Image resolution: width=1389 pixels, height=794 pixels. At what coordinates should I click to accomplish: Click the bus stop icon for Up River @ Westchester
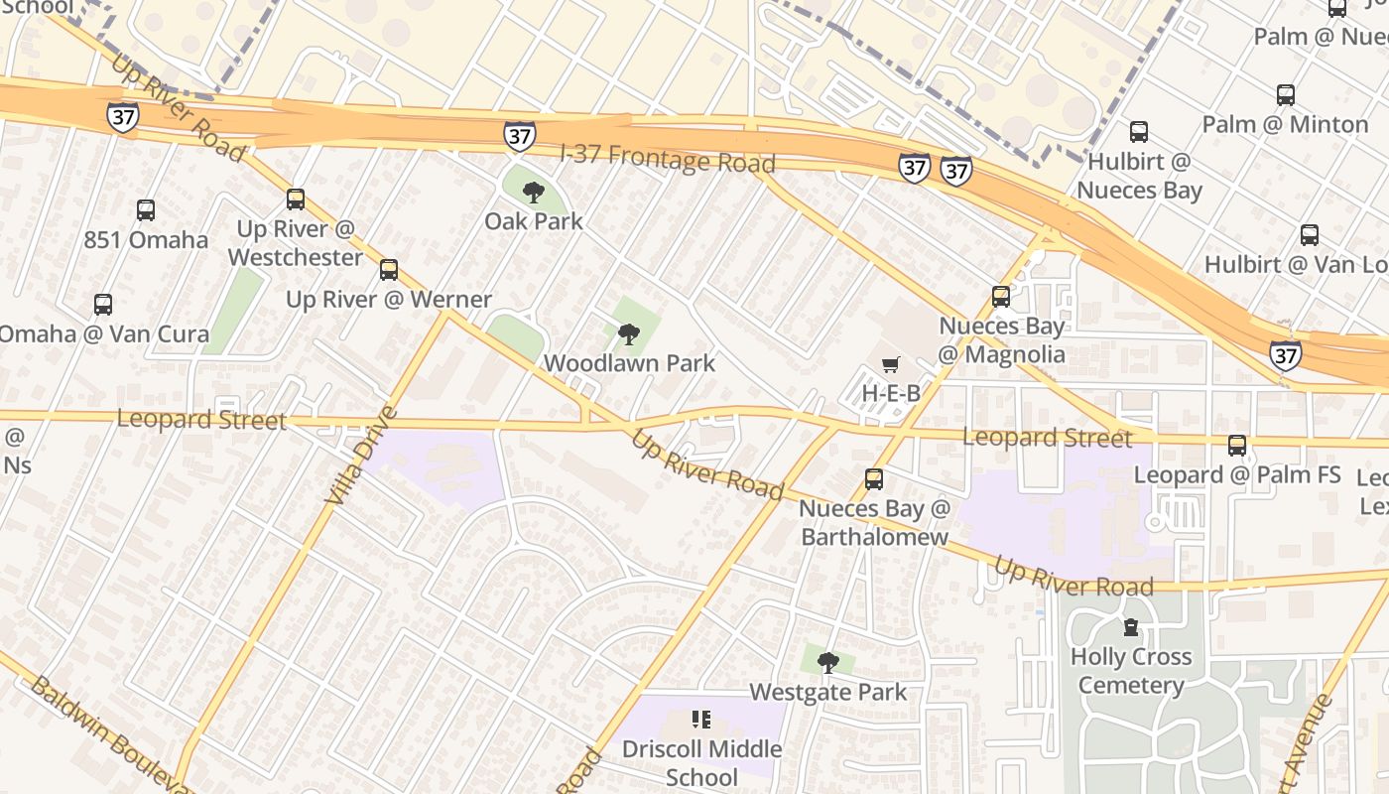(295, 198)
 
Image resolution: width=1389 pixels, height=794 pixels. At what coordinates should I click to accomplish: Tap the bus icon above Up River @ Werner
(389, 269)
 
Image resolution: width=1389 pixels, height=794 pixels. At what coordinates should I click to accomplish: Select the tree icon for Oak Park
(534, 192)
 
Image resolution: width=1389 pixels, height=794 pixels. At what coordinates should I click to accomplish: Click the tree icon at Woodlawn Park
(628, 334)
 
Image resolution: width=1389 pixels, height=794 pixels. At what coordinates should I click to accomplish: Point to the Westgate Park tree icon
(827, 662)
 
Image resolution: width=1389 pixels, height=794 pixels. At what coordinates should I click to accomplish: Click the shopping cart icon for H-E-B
(891, 365)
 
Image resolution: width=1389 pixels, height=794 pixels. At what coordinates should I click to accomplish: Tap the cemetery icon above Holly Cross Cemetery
(1130, 627)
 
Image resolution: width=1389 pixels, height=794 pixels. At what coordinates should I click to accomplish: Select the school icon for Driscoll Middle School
(701, 719)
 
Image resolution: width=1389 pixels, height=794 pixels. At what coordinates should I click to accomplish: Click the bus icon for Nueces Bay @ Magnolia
(1001, 296)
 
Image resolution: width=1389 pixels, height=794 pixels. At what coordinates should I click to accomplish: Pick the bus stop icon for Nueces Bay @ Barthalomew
(874, 479)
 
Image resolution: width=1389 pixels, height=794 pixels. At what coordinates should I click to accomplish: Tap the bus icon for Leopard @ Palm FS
(1237, 446)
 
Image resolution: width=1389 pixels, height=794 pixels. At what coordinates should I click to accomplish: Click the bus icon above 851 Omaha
(146, 210)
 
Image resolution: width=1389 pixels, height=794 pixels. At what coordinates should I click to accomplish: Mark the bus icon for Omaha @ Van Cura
(103, 305)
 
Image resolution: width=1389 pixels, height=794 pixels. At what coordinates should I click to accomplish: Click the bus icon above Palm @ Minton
(1286, 95)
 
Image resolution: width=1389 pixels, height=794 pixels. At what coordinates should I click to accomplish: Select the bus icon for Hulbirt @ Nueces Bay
(1139, 132)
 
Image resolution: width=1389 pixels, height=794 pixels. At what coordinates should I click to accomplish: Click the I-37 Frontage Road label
(667, 159)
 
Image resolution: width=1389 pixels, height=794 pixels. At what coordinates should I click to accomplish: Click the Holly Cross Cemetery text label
(1130, 671)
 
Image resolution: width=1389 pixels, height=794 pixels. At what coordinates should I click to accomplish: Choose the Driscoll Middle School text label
(701, 762)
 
